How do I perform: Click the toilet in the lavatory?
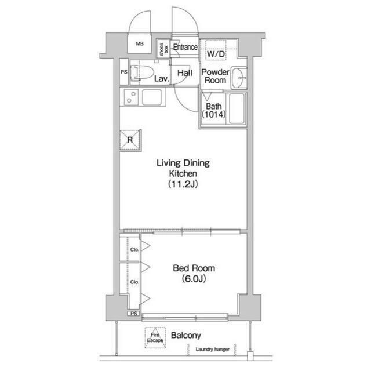pyautogui.click(x=142, y=72)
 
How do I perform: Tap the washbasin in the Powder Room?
pyautogui.click(x=239, y=78)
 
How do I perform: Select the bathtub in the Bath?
pyautogui.click(x=237, y=108)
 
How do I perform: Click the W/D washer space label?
pyautogui.click(x=216, y=54)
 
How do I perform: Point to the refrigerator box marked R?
pyautogui.click(x=130, y=140)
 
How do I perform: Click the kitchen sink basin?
pyautogui.click(x=152, y=97)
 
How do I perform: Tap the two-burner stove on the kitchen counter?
pyautogui.click(x=131, y=97)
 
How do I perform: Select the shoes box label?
pyautogui.click(x=163, y=49)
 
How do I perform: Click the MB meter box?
pyautogui.click(x=140, y=43)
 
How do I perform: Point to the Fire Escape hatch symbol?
pyautogui.click(x=155, y=337)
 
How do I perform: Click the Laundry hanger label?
pyautogui.click(x=213, y=349)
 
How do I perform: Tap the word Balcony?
pyautogui.click(x=186, y=335)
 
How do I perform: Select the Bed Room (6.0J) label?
pyautogui.click(x=194, y=273)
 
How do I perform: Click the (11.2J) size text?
pyautogui.click(x=183, y=184)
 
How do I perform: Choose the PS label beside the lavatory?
pyautogui.click(x=124, y=72)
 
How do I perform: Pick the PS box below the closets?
pyautogui.click(x=134, y=314)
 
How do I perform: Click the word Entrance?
pyautogui.click(x=185, y=47)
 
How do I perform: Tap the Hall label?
pyautogui.click(x=185, y=73)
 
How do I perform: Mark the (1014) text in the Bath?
pyautogui.click(x=214, y=115)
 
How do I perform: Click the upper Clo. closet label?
pyautogui.click(x=134, y=249)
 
